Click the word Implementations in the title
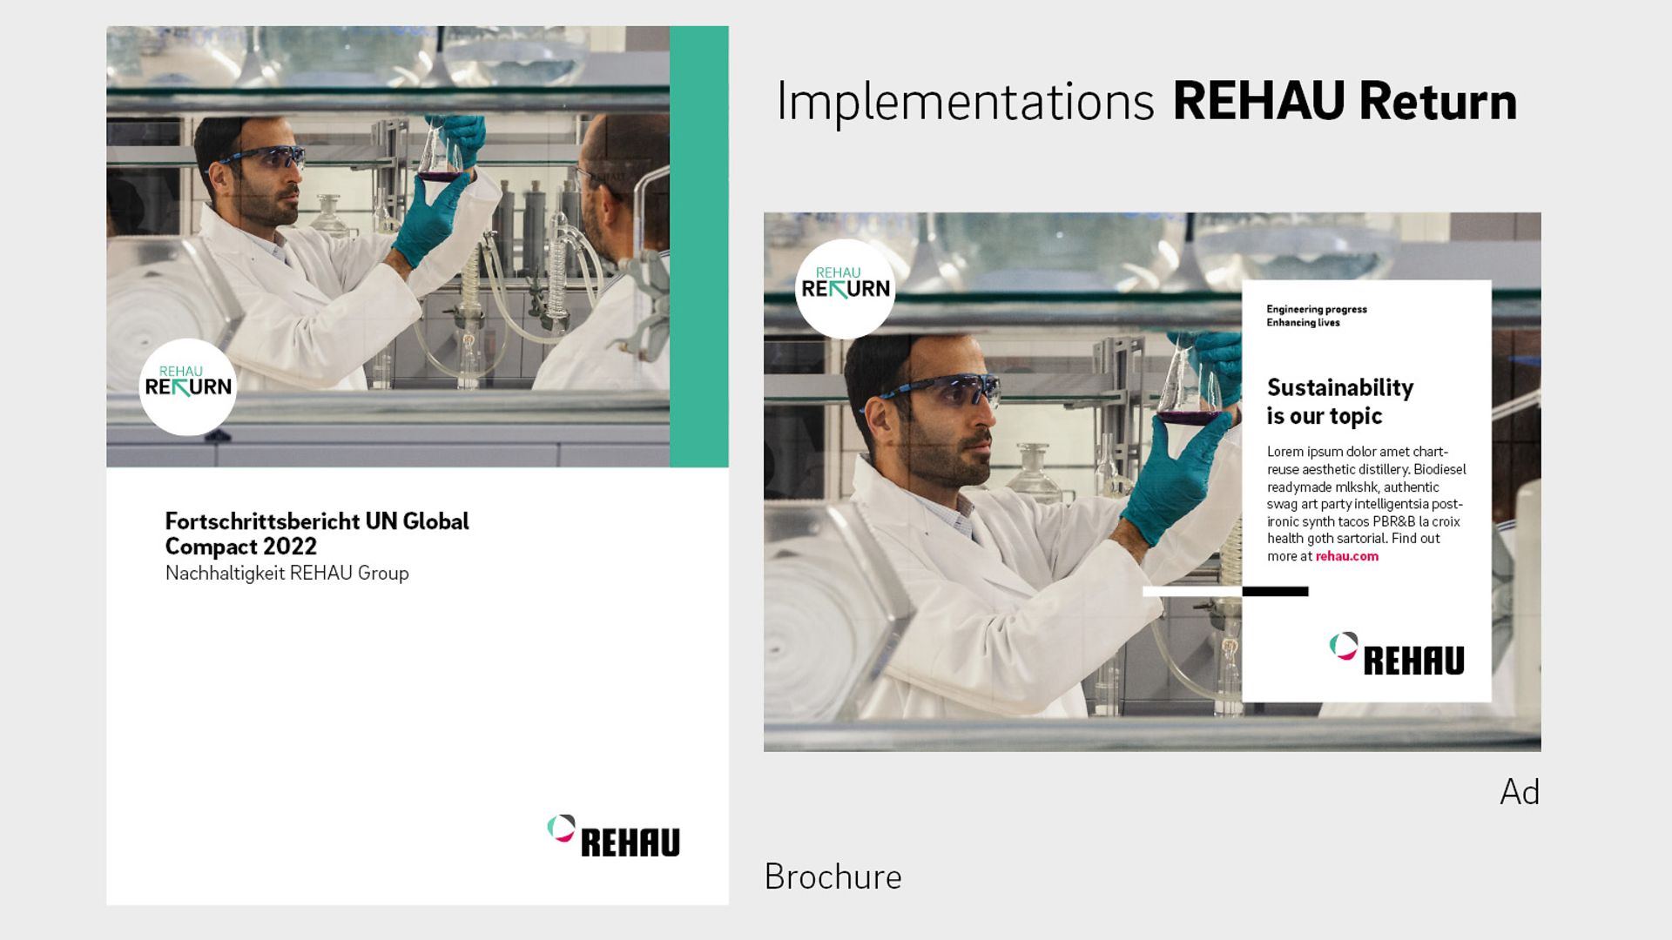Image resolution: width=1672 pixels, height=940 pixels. (x=965, y=102)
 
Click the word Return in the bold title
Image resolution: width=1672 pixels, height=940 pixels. (x=1438, y=102)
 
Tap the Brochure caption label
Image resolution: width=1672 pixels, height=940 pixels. (x=833, y=876)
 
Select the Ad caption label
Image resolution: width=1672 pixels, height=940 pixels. (x=1520, y=792)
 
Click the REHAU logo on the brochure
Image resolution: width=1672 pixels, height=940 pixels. (x=614, y=836)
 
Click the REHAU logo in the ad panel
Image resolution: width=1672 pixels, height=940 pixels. (x=1397, y=655)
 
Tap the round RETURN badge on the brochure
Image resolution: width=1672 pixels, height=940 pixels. (x=188, y=386)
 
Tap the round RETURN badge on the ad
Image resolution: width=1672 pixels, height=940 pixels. (x=845, y=288)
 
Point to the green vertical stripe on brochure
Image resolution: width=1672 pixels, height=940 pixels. (x=699, y=246)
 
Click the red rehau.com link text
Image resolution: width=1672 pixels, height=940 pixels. (x=1346, y=556)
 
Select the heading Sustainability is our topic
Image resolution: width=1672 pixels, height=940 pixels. (x=1338, y=401)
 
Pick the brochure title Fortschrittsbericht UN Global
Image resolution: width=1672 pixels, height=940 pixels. (x=317, y=521)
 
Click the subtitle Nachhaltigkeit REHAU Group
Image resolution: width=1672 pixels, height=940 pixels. (x=287, y=573)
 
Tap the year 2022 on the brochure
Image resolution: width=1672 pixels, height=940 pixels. (x=290, y=547)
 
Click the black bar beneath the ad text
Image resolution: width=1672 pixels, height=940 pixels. (x=1275, y=592)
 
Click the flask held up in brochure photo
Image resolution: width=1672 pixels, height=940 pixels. (x=439, y=157)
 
